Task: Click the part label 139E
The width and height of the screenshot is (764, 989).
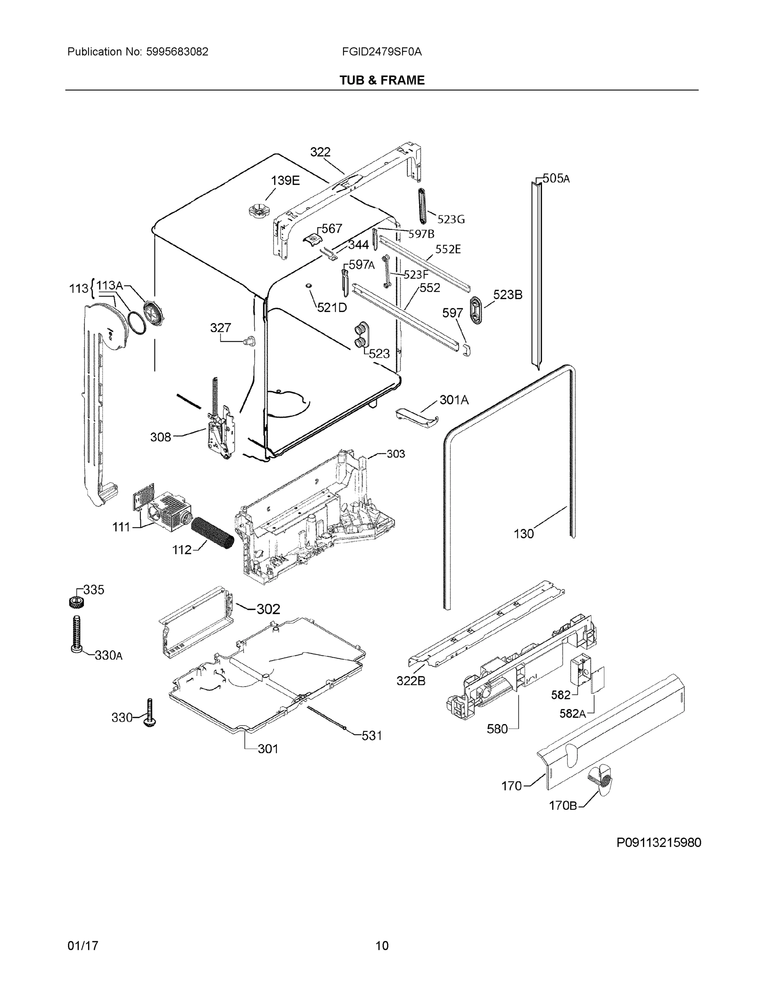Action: click(x=285, y=180)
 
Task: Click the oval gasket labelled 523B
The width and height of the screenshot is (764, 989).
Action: click(x=476, y=310)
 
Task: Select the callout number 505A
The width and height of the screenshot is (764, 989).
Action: click(x=556, y=178)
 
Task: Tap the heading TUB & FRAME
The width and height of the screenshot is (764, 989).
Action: click(x=382, y=80)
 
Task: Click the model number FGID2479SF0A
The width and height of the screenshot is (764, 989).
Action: click(x=382, y=52)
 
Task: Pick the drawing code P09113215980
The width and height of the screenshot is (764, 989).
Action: click(x=659, y=843)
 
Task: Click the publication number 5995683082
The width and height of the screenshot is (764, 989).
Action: click(x=178, y=52)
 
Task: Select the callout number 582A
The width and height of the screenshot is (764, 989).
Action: click(x=572, y=714)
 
